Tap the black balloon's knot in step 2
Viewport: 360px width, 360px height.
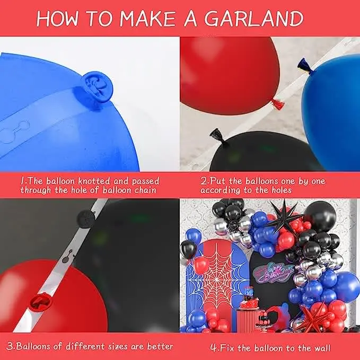219,137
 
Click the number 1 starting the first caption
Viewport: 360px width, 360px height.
22,181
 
